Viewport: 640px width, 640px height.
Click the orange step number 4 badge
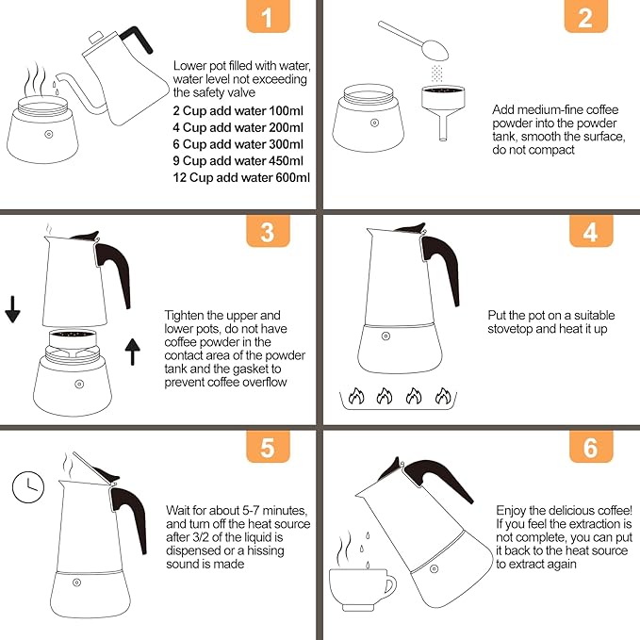[x=590, y=232]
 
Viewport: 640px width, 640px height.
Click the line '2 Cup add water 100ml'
[x=238, y=110]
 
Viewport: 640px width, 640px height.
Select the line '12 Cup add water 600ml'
[x=242, y=177]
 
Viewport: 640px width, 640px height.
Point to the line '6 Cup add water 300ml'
[x=238, y=144]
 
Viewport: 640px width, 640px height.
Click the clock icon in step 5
[x=28, y=487]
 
